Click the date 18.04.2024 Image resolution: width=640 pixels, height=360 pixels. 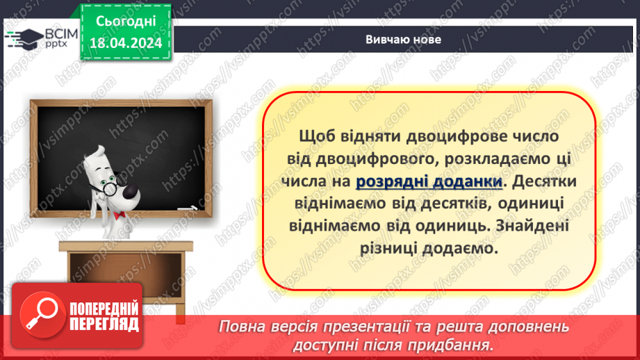click(125, 43)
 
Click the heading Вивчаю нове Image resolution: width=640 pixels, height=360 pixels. click(403, 40)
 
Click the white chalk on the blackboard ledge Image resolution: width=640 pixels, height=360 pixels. click(186, 207)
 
